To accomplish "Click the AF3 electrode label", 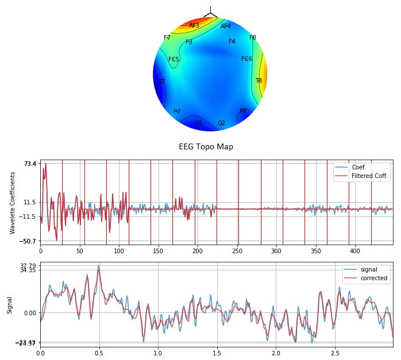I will click(x=194, y=25).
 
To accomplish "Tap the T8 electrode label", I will click(x=259, y=81).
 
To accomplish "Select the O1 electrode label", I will click(x=199, y=123).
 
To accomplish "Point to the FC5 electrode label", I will click(x=173, y=60).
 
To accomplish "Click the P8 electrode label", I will click(x=243, y=111).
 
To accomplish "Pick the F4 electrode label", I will click(x=232, y=42).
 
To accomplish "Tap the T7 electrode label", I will click(x=161, y=82).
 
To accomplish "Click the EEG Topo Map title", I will click(x=206, y=147).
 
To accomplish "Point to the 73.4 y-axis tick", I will click(x=30, y=164).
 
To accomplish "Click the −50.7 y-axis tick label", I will click(x=28, y=241).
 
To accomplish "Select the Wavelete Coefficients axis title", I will click(x=13, y=203).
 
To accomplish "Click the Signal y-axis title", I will click(x=10, y=305).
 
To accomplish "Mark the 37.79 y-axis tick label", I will click(x=28, y=265).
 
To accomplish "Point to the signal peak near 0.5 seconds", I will click(x=98, y=266).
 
